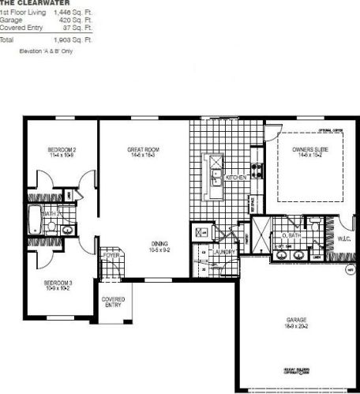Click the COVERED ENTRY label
point(114,302)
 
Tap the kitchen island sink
point(213,178)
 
